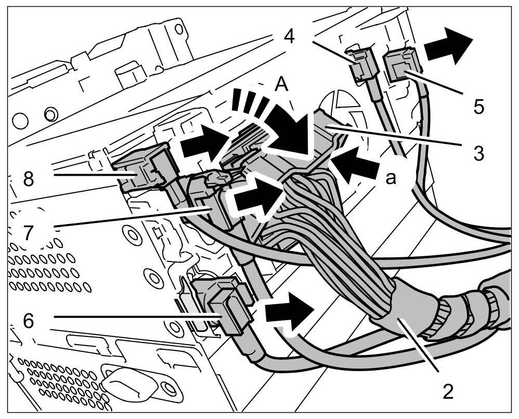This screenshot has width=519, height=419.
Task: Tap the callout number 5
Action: [478, 107]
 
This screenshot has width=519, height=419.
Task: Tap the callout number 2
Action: [446, 390]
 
